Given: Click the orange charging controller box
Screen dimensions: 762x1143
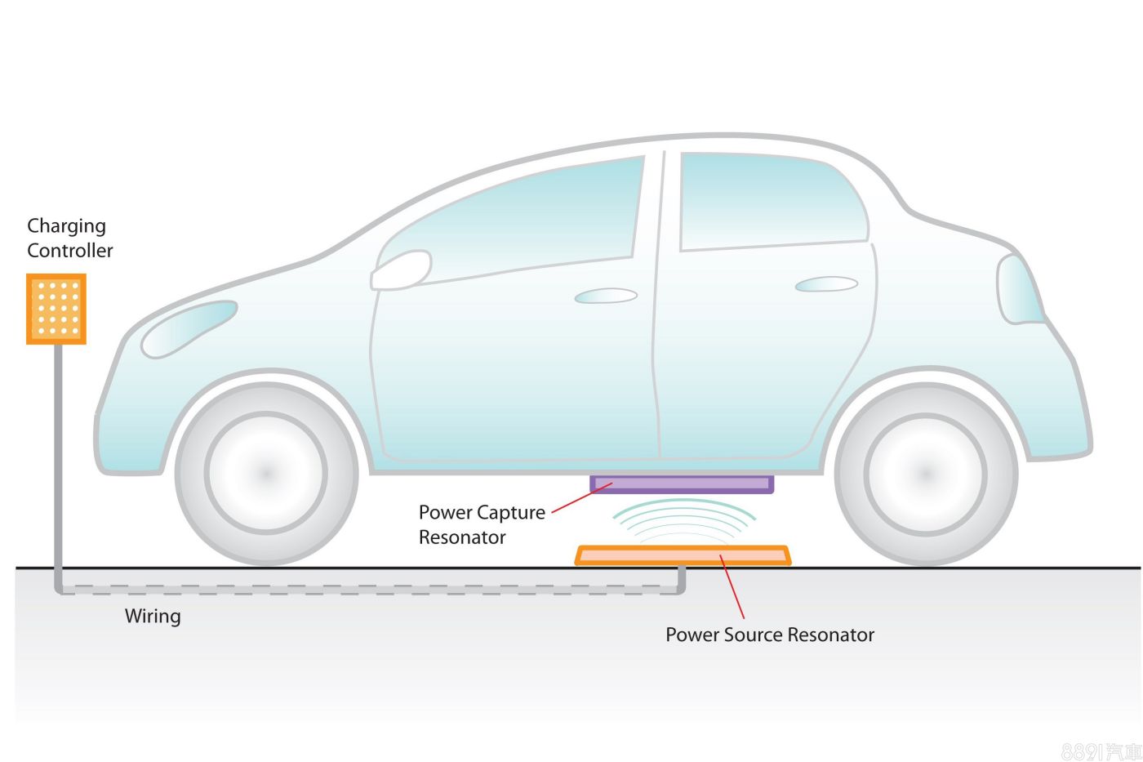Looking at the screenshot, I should pyautogui.click(x=56, y=309).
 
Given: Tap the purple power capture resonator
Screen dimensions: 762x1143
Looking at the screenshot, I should pyautogui.click(x=682, y=484).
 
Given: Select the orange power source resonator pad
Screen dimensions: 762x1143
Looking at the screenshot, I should pyautogui.click(x=683, y=556).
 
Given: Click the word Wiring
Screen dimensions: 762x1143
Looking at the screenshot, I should pyautogui.click(x=153, y=616).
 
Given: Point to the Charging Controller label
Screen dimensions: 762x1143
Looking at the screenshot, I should pyautogui.click(x=69, y=238).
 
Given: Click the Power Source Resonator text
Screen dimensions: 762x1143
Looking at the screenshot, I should pyautogui.click(x=769, y=635).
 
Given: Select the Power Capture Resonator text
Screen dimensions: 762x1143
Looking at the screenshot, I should pyautogui.click(x=482, y=524).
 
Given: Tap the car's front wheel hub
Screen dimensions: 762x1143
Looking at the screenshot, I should pyautogui.click(x=266, y=473).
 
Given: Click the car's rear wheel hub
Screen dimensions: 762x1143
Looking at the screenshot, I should pyautogui.click(x=925, y=474).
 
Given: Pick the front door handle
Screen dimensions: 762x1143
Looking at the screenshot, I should pyautogui.click(x=606, y=296).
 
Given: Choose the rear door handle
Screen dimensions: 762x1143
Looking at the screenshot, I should pyautogui.click(x=826, y=284).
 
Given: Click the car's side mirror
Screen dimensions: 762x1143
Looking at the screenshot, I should pyautogui.click(x=401, y=270).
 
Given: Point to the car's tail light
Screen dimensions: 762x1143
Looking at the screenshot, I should pyautogui.click(x=1018, y=289).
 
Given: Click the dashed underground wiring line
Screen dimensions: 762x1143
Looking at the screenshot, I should pyautogui.click(x=367, y=588).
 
